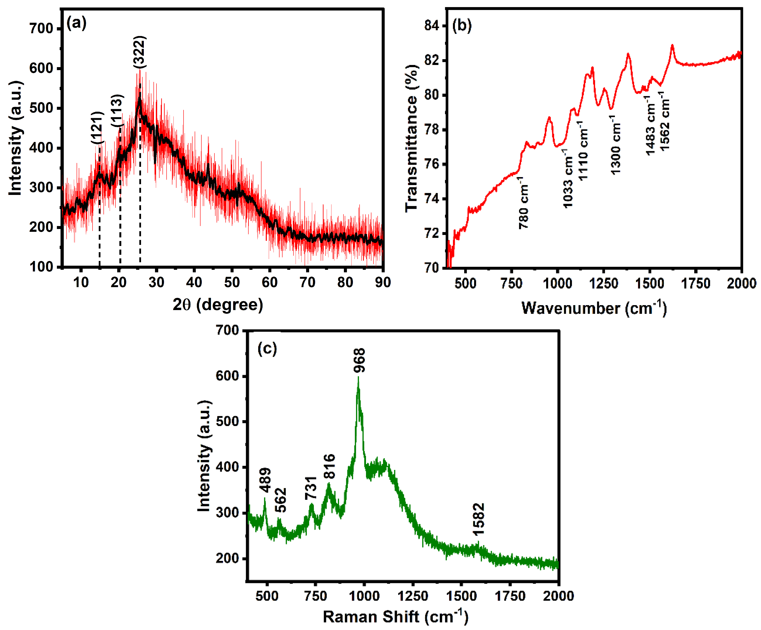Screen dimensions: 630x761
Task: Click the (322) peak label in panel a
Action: (x=140, y=52)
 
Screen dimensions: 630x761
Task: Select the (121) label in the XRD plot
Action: (x=97, y=127)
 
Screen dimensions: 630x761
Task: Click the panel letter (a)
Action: (x=76, y=23)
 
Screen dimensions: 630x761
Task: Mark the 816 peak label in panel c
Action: (x=329, y=466)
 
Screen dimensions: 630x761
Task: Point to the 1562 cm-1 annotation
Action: (x=664, y=121)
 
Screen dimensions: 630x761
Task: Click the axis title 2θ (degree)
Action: (x=218, y=304)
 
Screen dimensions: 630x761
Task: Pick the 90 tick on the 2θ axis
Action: (x=383, y=282)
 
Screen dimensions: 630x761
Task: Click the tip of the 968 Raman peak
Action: (x=358, y=377)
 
